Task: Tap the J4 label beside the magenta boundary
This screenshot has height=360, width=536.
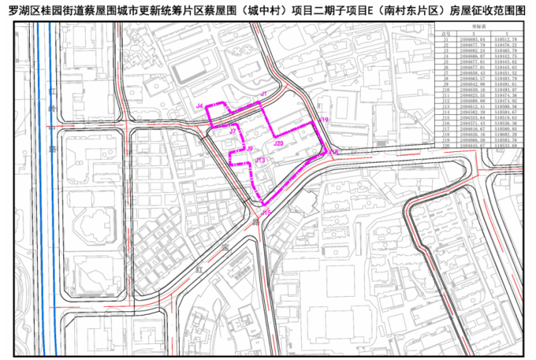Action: pyautogui.click(x=199, y=106)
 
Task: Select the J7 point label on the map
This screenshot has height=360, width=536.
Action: pyautogui.click(x=233, y=132)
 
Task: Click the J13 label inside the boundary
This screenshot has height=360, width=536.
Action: pyautogui.click(x=260, y=159)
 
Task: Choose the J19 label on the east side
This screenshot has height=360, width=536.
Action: pyautogui.click(x=325, y=119)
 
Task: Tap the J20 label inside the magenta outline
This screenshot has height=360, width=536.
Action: pyautogui.click(x=279, y=144)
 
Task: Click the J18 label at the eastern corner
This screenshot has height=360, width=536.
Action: pyautogui.click(x=334, y=152)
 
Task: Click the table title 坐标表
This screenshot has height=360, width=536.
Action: pyautogui.click(x=474, y=24)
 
